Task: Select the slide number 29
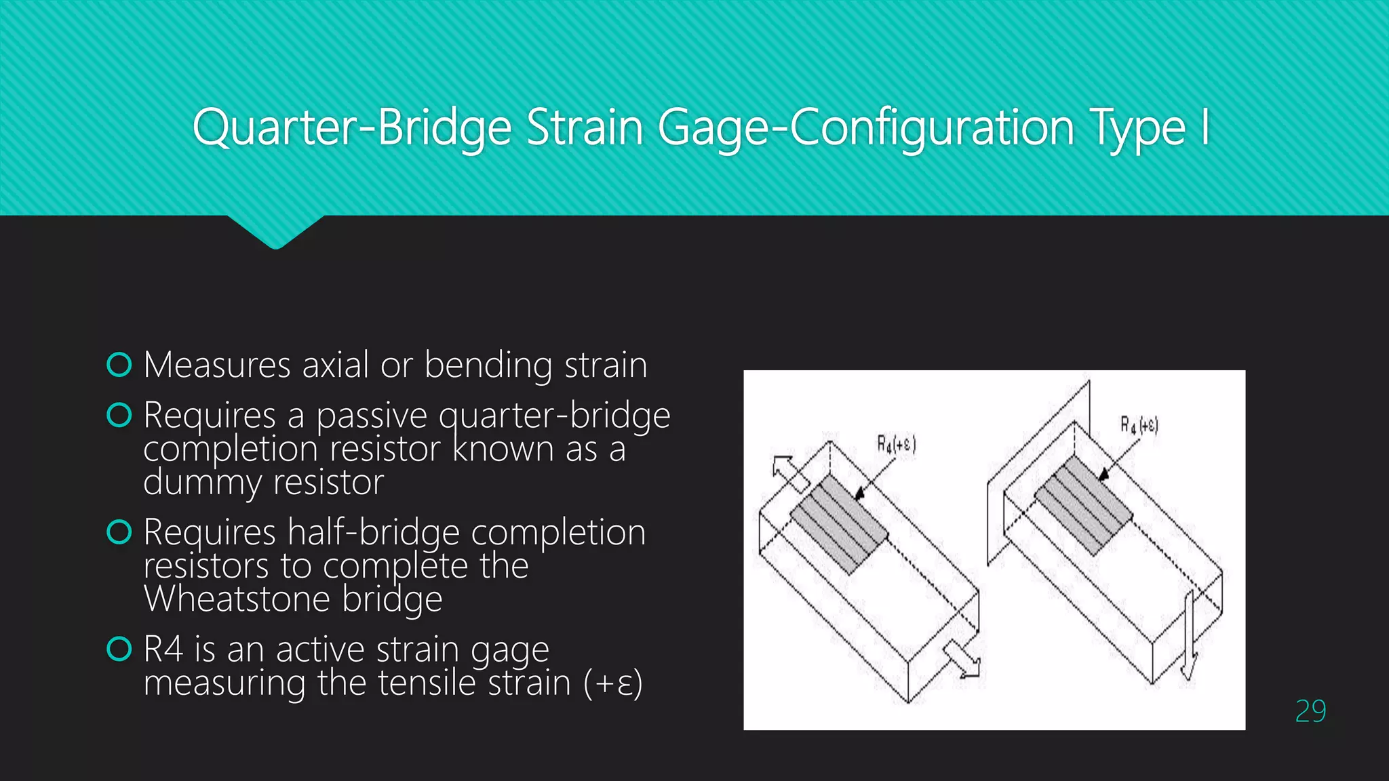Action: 1310,711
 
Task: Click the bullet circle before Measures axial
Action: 119,365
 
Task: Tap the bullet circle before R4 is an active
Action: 119,649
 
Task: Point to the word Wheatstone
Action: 237,599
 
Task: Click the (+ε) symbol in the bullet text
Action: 612,683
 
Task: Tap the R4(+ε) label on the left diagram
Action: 896,444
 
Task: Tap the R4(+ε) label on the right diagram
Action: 1139,425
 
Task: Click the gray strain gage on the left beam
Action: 838,523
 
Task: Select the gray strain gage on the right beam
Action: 1083,505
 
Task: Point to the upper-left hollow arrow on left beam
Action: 789,473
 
